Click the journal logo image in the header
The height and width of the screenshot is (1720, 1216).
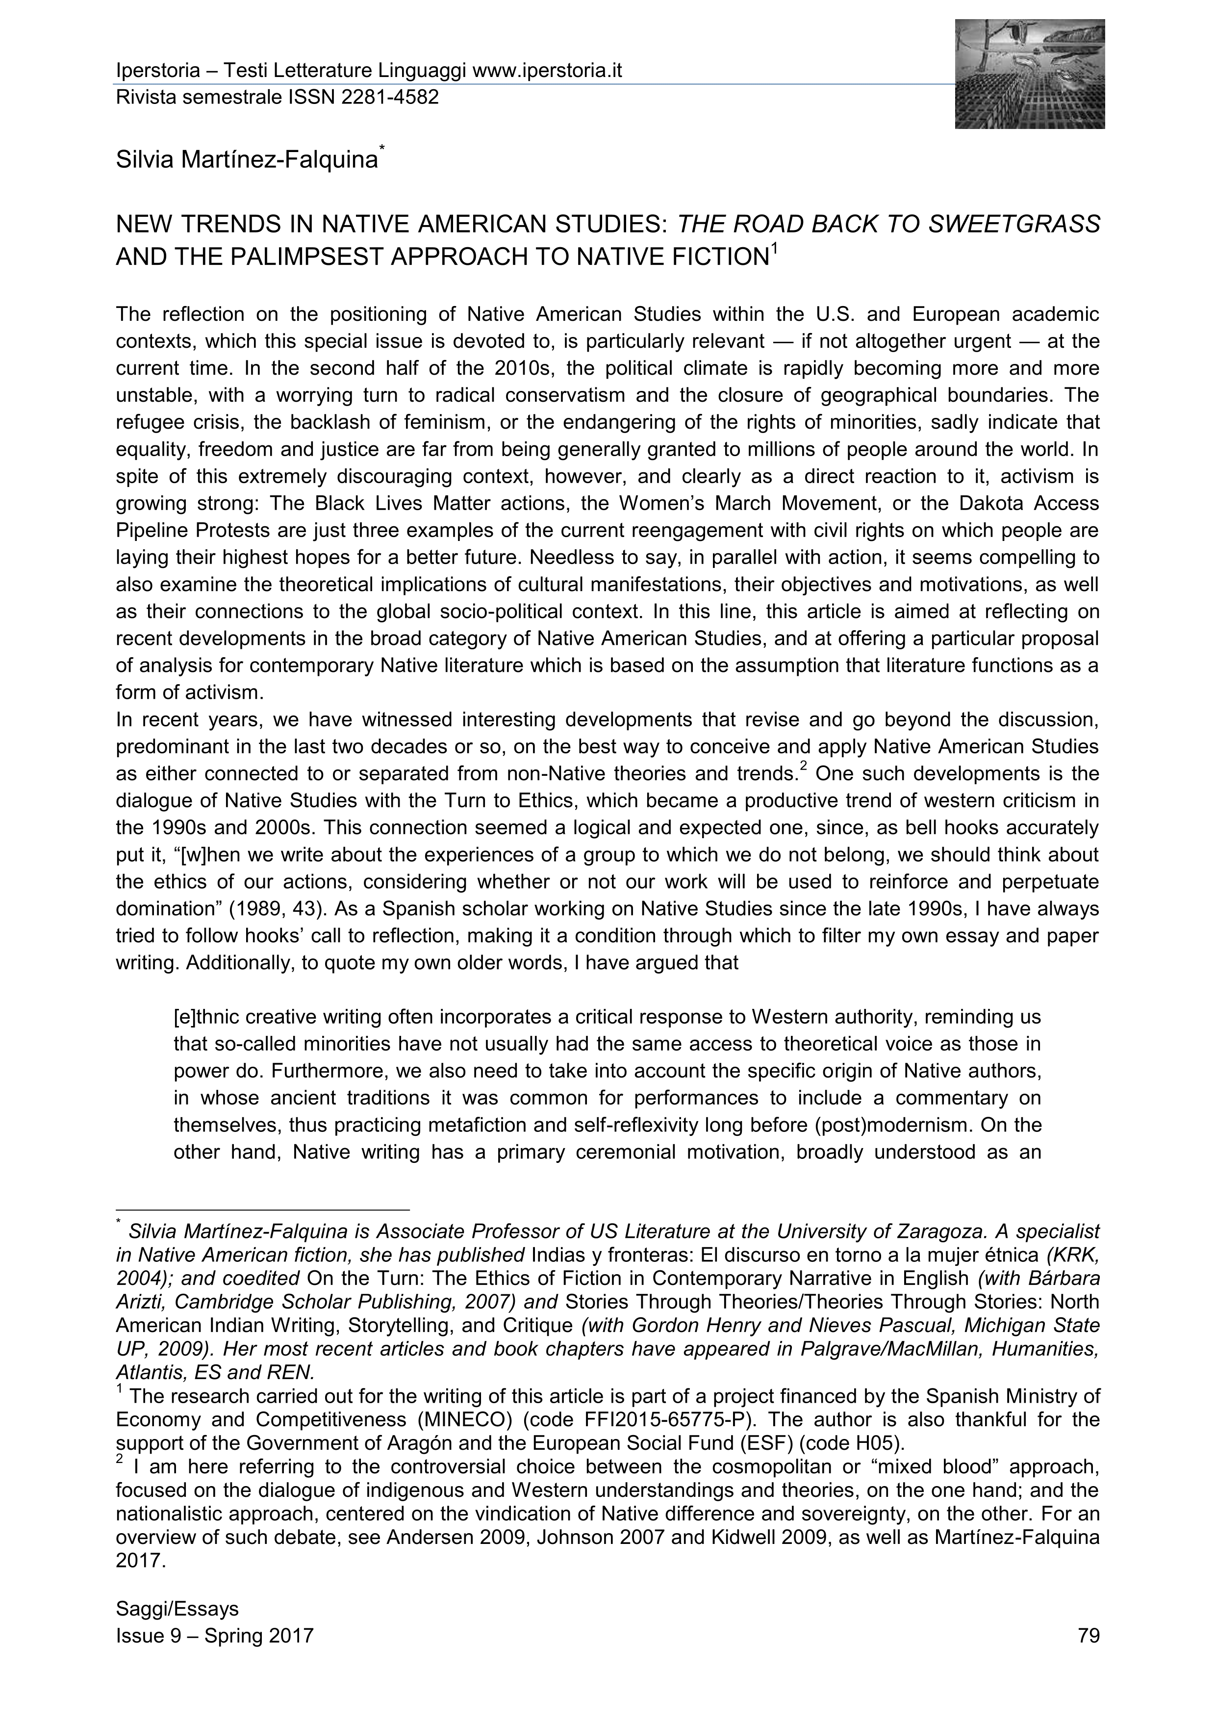point(1030,74)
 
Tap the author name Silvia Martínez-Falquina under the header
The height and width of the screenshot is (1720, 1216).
point(247,159)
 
